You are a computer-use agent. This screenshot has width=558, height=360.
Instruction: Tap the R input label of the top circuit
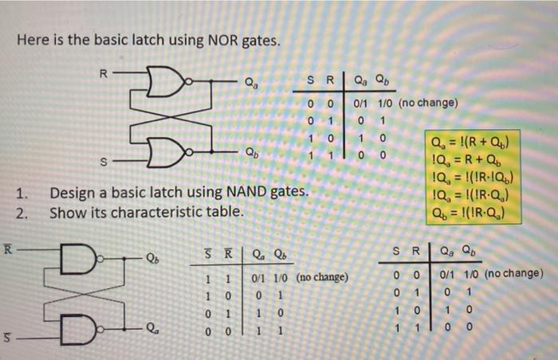[x=101, y=73]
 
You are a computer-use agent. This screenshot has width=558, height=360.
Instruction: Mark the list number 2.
[x=25, y=213]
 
